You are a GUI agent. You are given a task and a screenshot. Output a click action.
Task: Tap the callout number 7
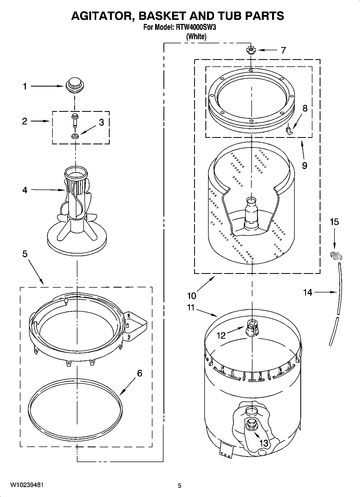[283, 50]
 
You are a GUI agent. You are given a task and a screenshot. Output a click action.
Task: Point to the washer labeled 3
[75, 136]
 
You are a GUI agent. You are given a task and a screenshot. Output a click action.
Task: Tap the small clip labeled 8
[288, 130]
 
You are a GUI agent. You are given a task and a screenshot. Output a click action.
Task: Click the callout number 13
[264, 443]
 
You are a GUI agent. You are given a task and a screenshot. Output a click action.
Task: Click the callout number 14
[308, 292]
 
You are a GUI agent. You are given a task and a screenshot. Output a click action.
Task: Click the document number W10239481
[27, 485]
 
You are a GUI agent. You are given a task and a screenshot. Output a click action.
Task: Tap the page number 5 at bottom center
[180, 485]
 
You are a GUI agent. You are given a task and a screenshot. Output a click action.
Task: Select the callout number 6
[139, 373]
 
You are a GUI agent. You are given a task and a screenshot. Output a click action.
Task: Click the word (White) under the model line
[196, 37]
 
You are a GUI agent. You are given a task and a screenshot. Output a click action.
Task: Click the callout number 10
[192, 296]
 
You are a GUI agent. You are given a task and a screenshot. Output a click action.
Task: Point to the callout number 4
[25, 190]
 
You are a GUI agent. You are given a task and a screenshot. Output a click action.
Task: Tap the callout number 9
[304, 165]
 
